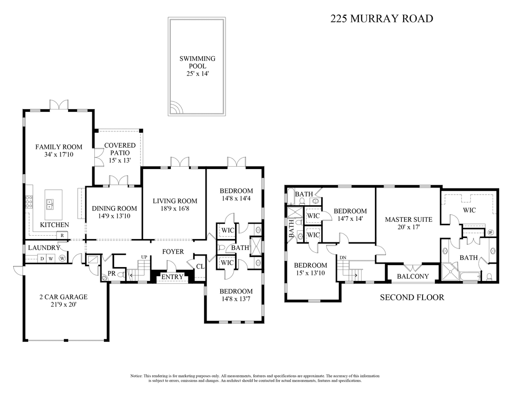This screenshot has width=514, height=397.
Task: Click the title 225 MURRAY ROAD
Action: (x=382, y=19)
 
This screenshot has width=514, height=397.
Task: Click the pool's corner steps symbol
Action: (x=175, y=109)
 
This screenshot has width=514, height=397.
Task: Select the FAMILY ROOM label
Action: (x=59, y=147)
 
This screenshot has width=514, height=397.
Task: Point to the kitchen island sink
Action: (x=49, y=204)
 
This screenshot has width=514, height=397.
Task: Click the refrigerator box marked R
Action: (x=62, y=235)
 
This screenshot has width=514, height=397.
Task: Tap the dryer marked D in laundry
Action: (x=42, y=258)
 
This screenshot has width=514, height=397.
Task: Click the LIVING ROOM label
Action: (x=175, y=201)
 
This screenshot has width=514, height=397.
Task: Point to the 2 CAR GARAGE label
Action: (x=63, y=297)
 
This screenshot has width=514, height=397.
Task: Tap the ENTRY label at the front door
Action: (x=172, y=277)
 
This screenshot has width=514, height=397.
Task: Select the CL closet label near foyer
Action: (x=200, y=267)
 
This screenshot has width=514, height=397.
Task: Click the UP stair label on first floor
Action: (x=144, y=257)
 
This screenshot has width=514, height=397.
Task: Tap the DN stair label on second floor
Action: (x=343, y=258)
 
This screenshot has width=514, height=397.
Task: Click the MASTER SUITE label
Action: (x=408, y=219)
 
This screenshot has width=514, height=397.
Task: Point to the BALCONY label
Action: (x=413, y=276)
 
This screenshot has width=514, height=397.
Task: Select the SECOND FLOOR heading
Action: (x=412, y=298)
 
